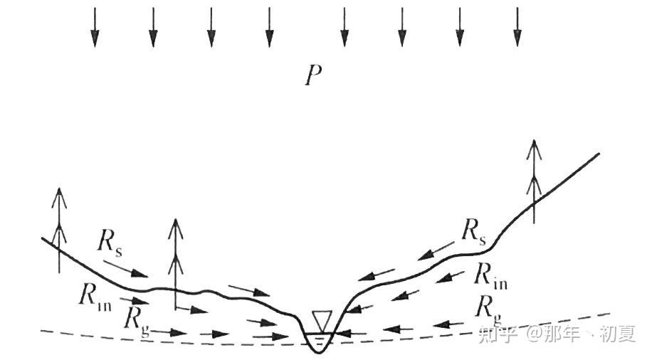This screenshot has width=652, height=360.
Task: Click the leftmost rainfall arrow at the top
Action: click(x=95, y=28)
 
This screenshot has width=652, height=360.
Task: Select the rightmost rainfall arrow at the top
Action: click(x=517, y=28)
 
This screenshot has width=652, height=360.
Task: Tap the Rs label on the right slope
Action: click(x=473, y=232)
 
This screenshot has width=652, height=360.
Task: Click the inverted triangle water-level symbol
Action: click(x=322, y=321)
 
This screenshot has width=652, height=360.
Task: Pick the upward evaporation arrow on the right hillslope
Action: click(x=533, y=181)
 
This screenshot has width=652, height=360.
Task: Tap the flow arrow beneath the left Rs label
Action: click(x=130, y=269)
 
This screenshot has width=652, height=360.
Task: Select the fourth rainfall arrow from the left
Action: click(x=269, y=28)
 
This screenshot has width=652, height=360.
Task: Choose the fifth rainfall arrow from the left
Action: click(x=345, y=28)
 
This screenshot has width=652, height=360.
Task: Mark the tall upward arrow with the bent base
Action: click(x=174, y=263)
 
